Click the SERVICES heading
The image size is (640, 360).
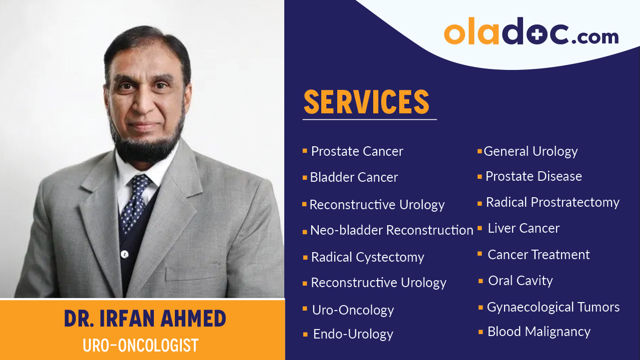(x=366, y=102)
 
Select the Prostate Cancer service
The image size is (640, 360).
(x=357, y=151)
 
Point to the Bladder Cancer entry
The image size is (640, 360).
(x=354, y=177)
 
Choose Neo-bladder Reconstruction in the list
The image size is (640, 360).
(x=391, y=230)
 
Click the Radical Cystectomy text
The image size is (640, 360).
(x=367, y=257)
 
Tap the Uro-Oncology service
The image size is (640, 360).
(x=353, y=310)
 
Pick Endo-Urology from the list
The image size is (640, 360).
(x=353, y=334)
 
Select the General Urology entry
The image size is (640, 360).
(x=531, y=151)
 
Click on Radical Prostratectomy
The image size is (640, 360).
(x=553, y=202)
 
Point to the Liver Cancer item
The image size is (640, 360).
(x=524, y=228)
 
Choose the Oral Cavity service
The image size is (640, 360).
(x=521, y=281)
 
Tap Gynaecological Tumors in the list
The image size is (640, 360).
(x=553, y=307)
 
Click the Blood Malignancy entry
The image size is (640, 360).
(x=539, y=332)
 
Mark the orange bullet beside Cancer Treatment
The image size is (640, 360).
(x=480, y=254)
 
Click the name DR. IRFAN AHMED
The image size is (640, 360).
(x=145, y=319)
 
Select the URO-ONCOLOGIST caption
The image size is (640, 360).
(x=141, y=346)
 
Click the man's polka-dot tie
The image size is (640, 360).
(x=135, y=199)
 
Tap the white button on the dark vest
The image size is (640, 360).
(x=125, y=254)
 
